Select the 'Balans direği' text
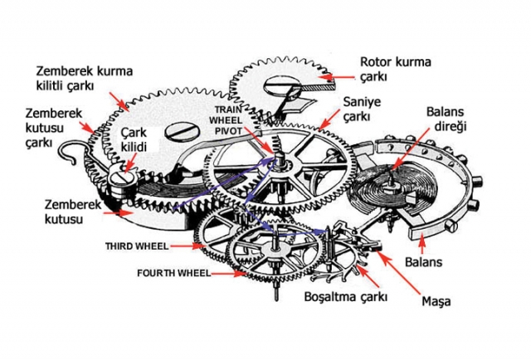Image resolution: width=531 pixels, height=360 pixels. [x=449, y=122]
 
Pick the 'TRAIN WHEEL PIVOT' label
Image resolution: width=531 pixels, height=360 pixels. [x=235, y=121]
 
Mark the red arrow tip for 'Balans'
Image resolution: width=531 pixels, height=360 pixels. [x=422, y=239]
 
